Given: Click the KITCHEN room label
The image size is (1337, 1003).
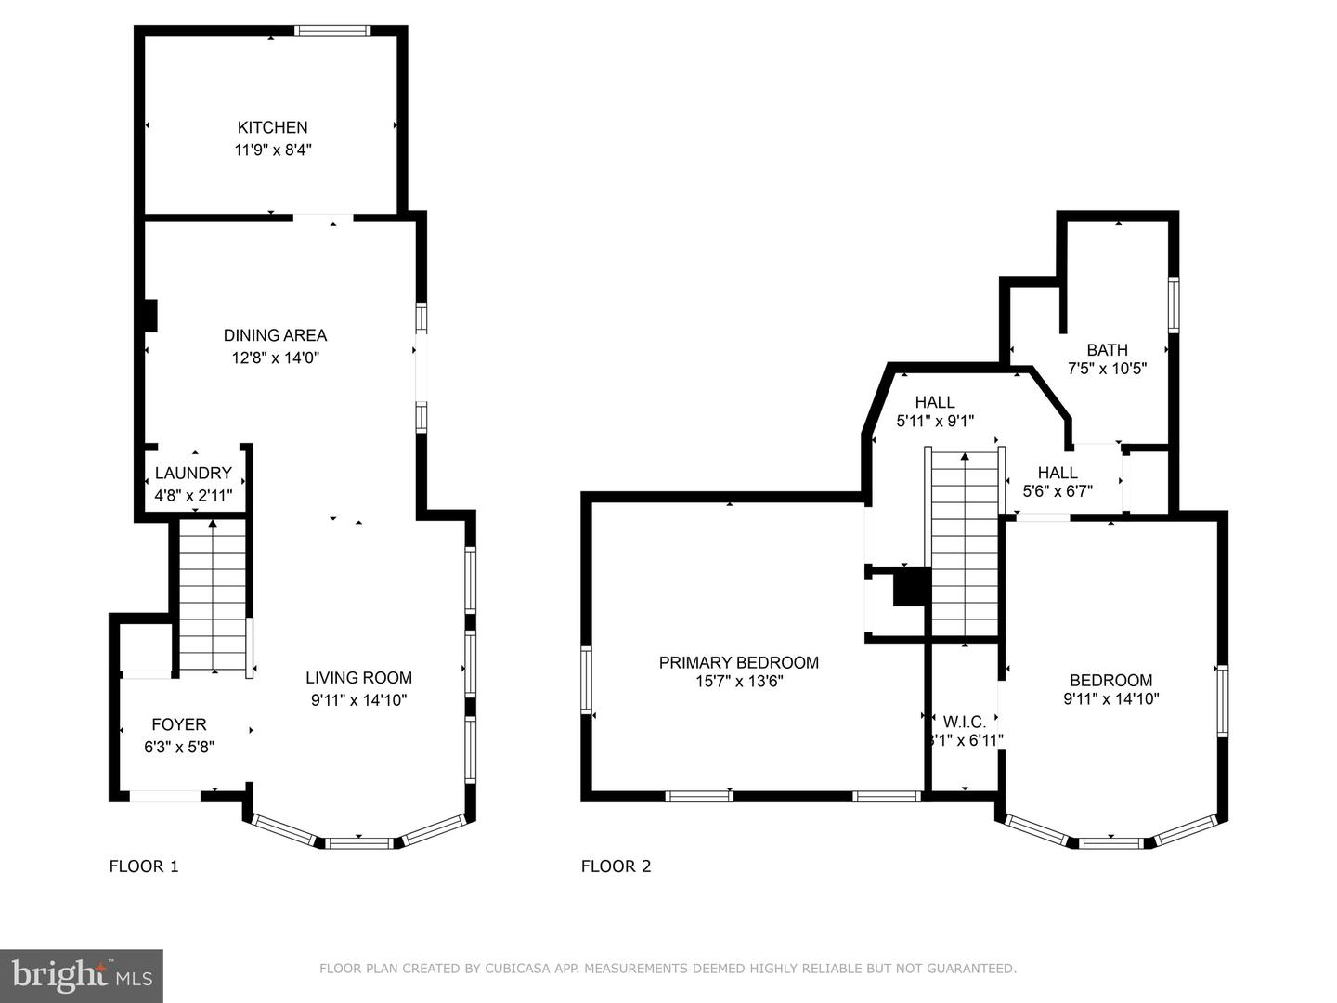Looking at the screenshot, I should coord(272,127).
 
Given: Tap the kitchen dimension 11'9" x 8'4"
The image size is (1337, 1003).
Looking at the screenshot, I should coord(272,150).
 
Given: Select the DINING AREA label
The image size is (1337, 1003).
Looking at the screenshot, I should coord(275,335).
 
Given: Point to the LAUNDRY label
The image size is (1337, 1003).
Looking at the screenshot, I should coord(193,473).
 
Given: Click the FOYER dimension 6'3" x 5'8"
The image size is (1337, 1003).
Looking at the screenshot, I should coord(179,747).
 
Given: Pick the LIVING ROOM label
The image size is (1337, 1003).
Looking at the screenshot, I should coord(358,678).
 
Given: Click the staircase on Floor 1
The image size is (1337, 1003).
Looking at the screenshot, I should coord(213,594).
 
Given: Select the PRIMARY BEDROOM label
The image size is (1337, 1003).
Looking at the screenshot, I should coord(738,662).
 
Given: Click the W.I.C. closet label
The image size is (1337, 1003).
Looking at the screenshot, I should coord(964,722).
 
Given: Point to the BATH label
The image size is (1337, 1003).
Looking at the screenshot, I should coord(1107,349).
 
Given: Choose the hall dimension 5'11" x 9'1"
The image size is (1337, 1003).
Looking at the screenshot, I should coord(934,421).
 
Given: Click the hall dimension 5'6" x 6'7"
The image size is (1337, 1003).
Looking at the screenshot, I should coord(1057,491).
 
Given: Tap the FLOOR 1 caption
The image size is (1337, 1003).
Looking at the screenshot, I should coord(144,866).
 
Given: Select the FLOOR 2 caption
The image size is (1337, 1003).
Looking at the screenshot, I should coord(616,866).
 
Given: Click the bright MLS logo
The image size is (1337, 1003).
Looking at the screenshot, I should coord(82,975).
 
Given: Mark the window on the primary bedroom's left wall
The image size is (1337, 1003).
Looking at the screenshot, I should coord(586,680).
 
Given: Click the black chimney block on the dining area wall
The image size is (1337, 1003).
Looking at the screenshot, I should coord(150,316).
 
